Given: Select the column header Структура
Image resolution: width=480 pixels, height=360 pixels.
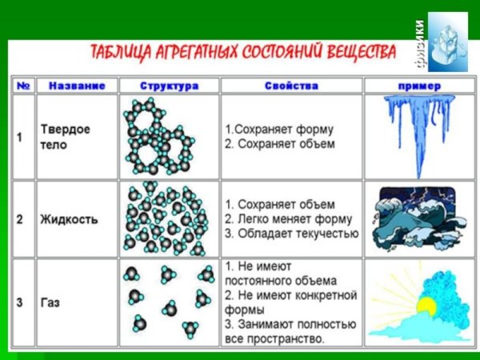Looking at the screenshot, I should coord(169,85).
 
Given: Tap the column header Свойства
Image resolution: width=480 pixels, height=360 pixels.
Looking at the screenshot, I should coord(292,85).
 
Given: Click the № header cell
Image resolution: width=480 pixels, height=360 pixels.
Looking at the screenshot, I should coord(24,85).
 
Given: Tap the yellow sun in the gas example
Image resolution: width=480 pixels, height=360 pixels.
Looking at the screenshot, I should coord(425,306).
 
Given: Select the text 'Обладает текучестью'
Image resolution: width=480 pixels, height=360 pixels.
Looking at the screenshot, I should coord(297,234).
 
